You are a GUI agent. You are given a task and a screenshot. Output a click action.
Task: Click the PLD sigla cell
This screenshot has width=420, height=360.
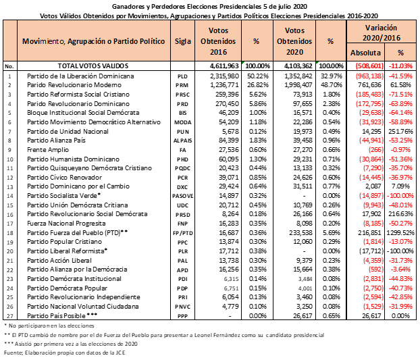pyautogui.click(x=182, y=78)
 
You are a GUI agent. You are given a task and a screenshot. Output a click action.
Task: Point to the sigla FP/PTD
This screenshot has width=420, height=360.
pyautogui.click(x=182, y=231)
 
